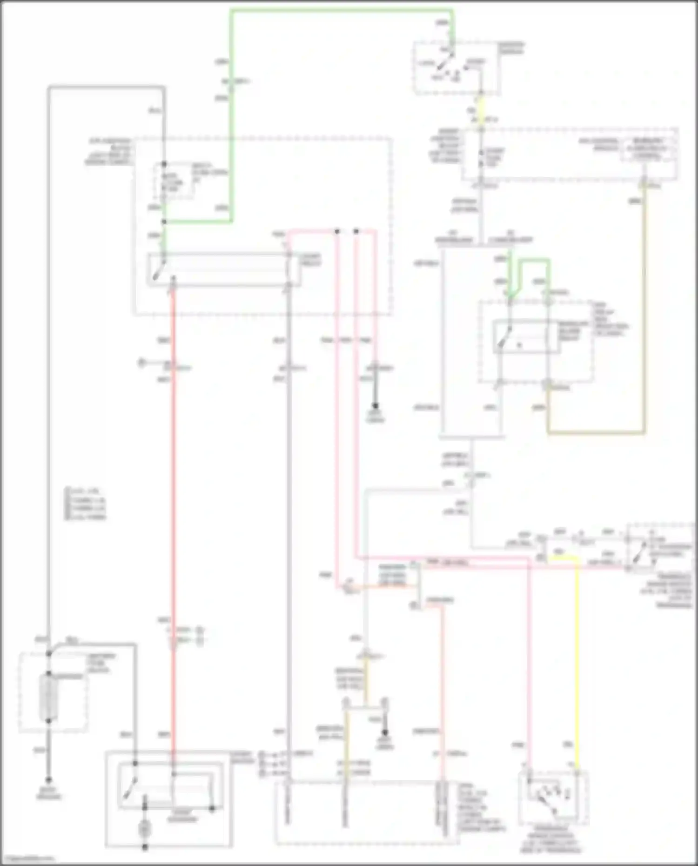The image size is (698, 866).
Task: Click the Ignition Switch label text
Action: (x=511, y=48)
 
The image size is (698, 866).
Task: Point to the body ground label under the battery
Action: (x=48, y=794)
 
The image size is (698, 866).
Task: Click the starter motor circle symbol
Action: (x=145, y=828)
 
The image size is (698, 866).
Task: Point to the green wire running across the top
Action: (x=342, y=10)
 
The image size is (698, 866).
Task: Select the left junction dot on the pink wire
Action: (x=337, y=231)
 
